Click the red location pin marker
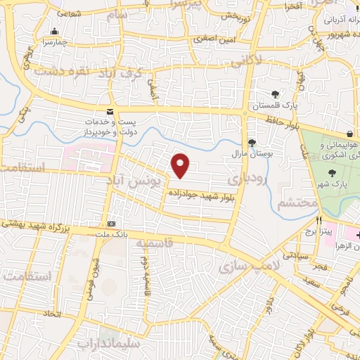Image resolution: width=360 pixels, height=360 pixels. point(181,165)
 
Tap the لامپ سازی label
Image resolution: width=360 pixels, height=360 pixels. point(249,266)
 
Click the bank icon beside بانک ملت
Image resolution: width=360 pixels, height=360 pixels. point(110,224)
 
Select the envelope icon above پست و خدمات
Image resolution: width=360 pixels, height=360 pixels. point(109,111)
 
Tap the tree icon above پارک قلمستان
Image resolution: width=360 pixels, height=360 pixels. point(275,94)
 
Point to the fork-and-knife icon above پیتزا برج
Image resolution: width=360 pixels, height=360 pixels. point(319,220)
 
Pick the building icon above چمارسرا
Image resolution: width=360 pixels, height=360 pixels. point(55,31)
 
